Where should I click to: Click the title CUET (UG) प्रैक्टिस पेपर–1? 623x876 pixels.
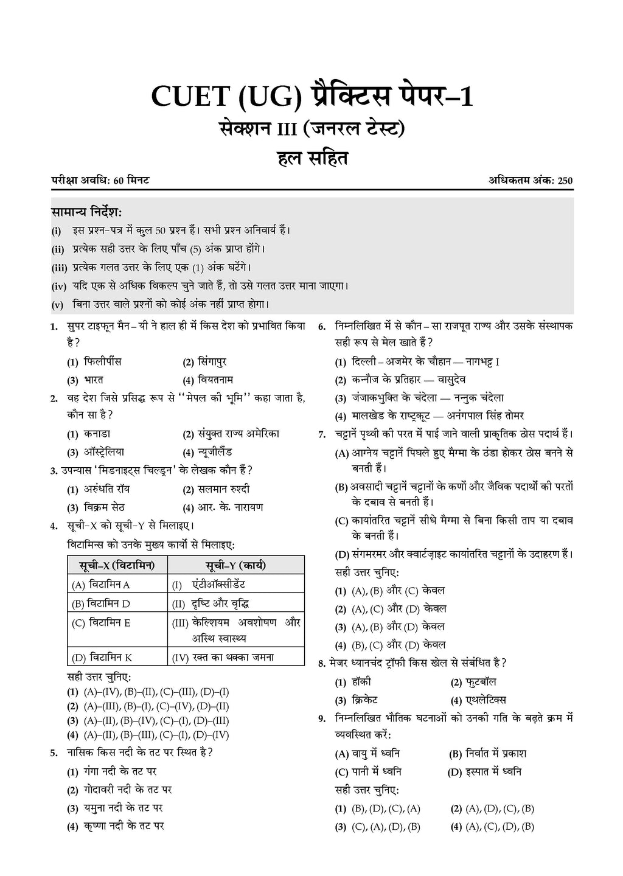click(x=311, y=97)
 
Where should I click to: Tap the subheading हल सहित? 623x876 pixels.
click(x=311, y=159)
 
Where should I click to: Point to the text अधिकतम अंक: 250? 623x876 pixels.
click(x=530, y=180)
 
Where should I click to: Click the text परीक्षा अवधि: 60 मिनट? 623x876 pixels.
click(x=101, y=180)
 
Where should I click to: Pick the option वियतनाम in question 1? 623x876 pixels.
click(x=215, y=380)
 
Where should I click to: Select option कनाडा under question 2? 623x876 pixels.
click(x=97, y=434)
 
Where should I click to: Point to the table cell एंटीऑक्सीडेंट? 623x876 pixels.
click(x=218, y=585)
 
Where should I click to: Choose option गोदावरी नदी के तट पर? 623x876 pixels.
click(x=128, y=790)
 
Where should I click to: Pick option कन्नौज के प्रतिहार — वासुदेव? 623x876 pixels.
click(x=408, y=380)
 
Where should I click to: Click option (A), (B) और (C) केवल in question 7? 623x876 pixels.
click(x=398, y=590)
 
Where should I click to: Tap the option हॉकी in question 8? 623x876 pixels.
click(x=361, y=681)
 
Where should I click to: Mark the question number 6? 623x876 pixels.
click(x=322, y=327)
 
